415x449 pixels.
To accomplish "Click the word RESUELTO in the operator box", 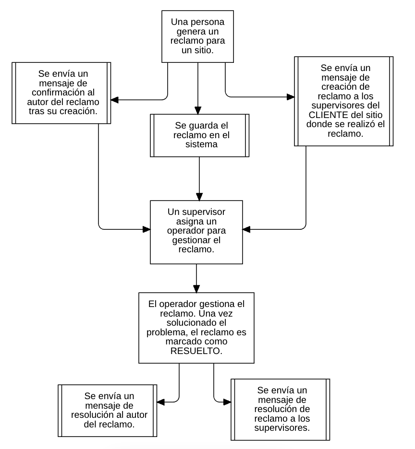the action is [x=196, y=351].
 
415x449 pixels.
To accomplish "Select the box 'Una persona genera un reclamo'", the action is [x=197, y=36].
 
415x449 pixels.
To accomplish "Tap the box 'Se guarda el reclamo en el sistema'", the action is [x=200, y=135].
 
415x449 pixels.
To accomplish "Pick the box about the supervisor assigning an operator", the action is [x=196, y=232].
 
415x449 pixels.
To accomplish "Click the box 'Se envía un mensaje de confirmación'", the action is [x=61, y=93].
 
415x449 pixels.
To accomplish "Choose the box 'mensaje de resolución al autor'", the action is [x=108, y=411].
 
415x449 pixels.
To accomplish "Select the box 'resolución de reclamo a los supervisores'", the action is [x=281, y=410].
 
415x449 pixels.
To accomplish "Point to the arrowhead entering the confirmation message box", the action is [x=115, y=100].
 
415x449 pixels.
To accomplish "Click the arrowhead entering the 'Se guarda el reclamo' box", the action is [x=198, y=110].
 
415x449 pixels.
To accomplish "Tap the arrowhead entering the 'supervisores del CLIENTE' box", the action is [x=291, y=97].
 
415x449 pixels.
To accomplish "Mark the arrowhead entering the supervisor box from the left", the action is [x=146, y=229].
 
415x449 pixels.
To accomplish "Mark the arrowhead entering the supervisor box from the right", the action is [x=246, y=229].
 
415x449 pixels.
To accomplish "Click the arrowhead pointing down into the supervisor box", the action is [x=199, y=197].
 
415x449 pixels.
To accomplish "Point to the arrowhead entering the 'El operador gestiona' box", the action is [x=196, y=289].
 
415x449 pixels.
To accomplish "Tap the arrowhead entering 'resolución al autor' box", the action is [x=161, y=402].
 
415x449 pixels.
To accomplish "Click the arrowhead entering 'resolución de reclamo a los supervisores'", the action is [x=227, y=402].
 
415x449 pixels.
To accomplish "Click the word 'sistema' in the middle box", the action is [x=201, y=144].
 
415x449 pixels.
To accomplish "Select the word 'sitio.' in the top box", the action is [x=205, y=50].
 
